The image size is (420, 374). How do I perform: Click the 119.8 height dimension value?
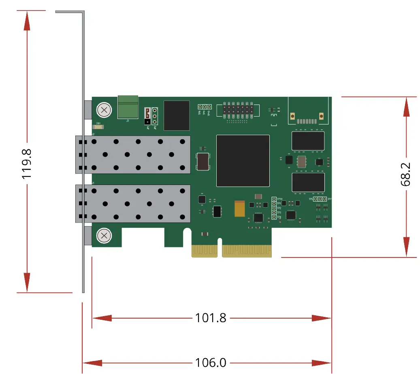coord(27,164)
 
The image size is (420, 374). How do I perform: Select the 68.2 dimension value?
coord(405,174)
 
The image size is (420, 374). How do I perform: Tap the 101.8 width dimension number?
coord(211,318)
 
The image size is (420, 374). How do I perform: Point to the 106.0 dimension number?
coord(211,362)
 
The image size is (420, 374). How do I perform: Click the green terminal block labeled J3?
coord(128,107)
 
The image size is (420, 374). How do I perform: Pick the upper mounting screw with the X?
coord(104,110)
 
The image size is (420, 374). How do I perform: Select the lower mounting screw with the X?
coord(104,236)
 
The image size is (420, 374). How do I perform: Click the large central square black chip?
coord(243,161)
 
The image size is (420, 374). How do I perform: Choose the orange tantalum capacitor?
coord(240,209)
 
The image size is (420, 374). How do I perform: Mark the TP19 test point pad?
coord(274,199)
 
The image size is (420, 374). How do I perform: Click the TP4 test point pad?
coord(274,217)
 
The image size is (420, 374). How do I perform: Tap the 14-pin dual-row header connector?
coord(237,110)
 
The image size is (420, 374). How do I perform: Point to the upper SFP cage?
coord(134,155)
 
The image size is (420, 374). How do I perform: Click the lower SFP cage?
coord(134,204)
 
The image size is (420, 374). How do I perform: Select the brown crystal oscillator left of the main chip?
coord(203,161)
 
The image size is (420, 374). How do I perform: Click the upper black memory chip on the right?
coord(308,141)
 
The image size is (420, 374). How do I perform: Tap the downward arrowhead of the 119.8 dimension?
coord(27,282)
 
